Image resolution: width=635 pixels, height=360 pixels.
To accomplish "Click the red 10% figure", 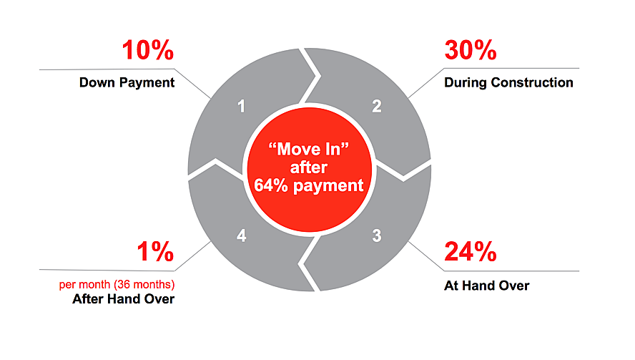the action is pyautogui.click(x=148, y=50).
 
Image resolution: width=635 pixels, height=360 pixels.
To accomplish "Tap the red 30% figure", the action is pyautogui.click(x=471, y=50).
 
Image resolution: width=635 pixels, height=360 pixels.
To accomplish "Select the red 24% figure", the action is pyautogui.click(x=471, y=251).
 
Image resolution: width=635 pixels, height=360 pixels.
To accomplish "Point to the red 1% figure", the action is pyautogui.click(x=155, y=251).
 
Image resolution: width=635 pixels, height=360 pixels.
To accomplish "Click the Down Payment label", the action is pyautogui.click(x=127, y=83).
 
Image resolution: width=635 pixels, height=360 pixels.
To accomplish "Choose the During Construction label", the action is pyautogui.click(x=508, y=83).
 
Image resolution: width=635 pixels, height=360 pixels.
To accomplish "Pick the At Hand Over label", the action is pyautogui.click(x=487, y=286).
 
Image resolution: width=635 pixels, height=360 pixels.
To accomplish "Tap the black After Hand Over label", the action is pyautogui.click(x=124, y=299).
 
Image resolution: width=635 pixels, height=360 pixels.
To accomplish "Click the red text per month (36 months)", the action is pyautogui.click(x=117, y=285).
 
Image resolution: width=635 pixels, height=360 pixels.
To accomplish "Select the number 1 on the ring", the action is pyautogui.click(x=242, y=107).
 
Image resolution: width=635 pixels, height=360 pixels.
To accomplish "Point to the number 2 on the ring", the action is pyautogui.click(x=377, y=106).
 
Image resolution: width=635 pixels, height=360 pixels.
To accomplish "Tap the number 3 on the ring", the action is pyautogui.click(x=377, y=235).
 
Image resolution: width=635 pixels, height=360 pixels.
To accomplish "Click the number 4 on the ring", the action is pyautogui.click(x=242, y=235).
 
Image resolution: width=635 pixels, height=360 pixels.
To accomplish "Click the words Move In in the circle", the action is pyautogui.click(x=309, y=149).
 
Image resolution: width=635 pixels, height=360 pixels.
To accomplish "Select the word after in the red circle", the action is pyautogui.click(x=309, y=167).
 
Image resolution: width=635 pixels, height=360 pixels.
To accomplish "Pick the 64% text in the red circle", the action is pyautogui.click(x=271, y=185).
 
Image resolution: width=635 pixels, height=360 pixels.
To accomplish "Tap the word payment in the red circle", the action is pyautogui.click(x=328, y=187).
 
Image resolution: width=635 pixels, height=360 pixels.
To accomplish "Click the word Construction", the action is pyautogui.click(x=532, y=83).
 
